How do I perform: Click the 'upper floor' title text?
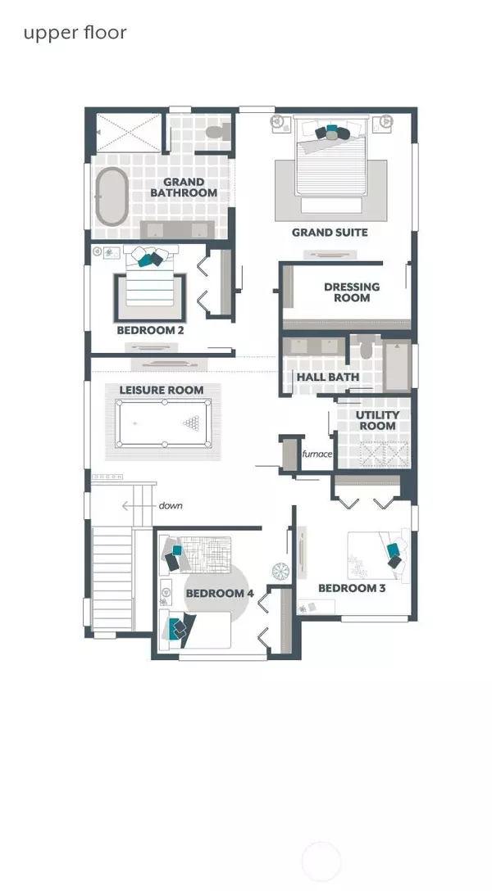click(x=75, y=34)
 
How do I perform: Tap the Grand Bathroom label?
click(x=184, y=188)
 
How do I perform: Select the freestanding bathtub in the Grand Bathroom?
click(x=111, y=196)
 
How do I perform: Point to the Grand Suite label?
click(x=330, y=233)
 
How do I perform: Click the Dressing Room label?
click(x=352, y=292)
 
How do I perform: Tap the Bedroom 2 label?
click(x=150, y=330)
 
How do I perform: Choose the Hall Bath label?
click(x=328, y=377)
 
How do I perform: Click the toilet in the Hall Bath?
click(x=366, y=347)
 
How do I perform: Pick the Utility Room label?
click(x=378, y=420)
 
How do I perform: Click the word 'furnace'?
click(x=317, y=454)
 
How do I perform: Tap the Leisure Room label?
click(x=161, y=391)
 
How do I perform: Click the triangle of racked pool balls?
click(x=191, y=423)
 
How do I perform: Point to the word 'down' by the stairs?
click(x=170, y=505)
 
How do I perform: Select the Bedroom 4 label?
click(x=220, y=594)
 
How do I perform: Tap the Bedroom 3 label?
click(x=352, y=588)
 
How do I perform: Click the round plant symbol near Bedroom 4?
click(x=280, y=571)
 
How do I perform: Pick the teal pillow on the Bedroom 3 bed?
click(x=392, y=550)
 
